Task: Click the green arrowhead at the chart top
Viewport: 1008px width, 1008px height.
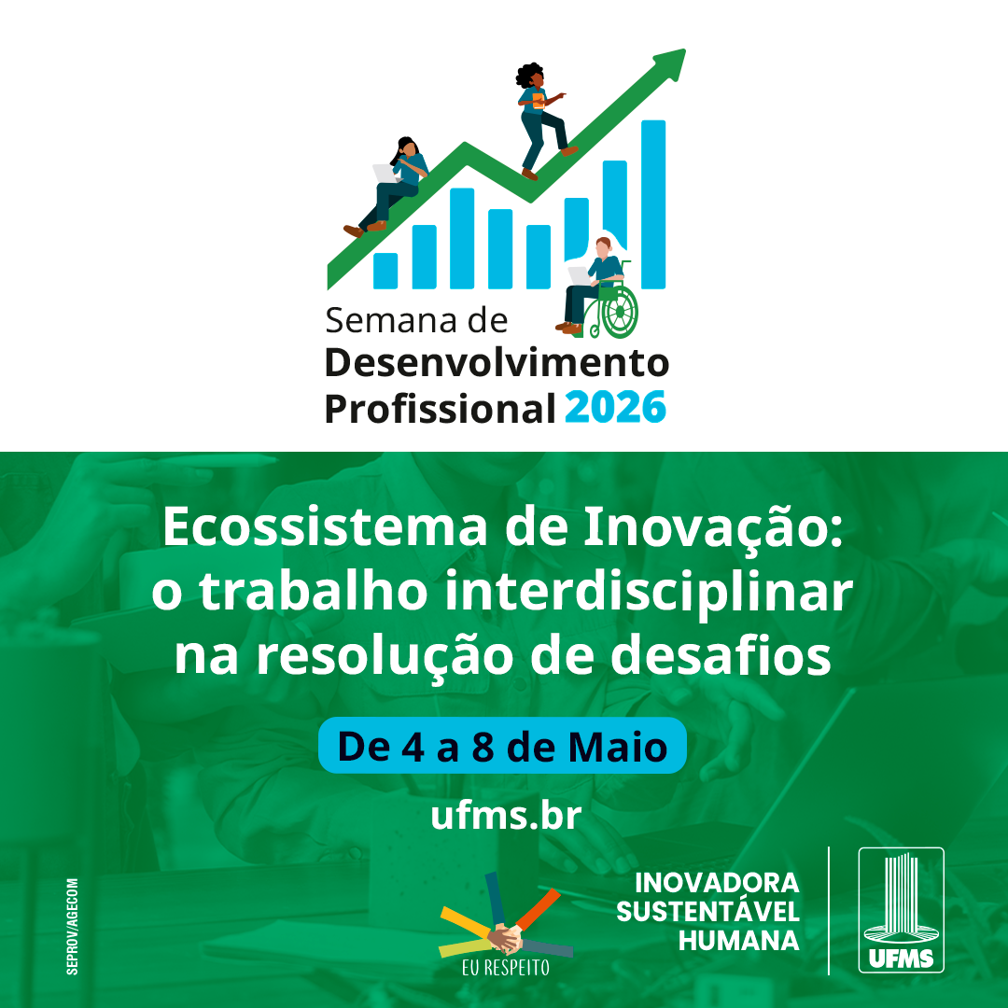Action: click(672, 63)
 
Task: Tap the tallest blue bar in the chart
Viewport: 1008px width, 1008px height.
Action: click(653, 203)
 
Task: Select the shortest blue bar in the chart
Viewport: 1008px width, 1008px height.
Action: click(385, 270)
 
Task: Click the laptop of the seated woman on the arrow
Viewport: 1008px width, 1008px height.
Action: click(385, 173)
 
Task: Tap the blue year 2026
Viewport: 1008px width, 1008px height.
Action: click(615, 408)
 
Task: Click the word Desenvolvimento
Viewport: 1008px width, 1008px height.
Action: click(497, 363)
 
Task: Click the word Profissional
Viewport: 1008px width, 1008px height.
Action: click(441, 409)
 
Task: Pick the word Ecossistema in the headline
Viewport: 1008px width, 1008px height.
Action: click(325, 527)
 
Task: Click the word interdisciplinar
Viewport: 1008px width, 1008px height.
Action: click(648, 593)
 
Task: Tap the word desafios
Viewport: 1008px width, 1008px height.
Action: click(721, 656)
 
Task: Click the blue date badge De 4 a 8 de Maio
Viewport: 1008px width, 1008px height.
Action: click(503, 746)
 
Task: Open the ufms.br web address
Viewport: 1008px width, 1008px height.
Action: click(506, 815)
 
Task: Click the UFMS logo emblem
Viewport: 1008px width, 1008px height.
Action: click(902, 910)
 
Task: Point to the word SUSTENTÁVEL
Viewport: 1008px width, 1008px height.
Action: click(707, 912)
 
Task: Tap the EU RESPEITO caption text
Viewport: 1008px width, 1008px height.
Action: click(506, 968)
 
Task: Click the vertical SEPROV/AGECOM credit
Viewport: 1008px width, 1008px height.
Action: click(73, 927)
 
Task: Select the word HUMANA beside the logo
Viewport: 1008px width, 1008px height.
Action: click(738, 941)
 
